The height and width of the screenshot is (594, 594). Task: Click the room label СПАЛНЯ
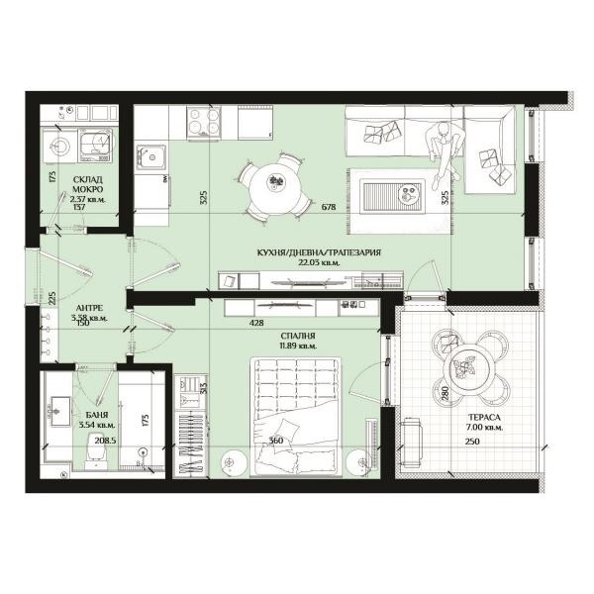(298, 336)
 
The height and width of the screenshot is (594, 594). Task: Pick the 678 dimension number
(330, 207)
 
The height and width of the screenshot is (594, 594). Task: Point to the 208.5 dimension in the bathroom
(103, 441)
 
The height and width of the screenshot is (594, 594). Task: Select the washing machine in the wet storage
(98, 148)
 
